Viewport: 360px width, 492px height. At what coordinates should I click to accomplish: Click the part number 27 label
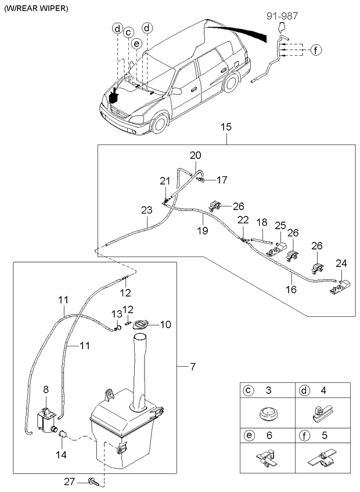coord(70,481)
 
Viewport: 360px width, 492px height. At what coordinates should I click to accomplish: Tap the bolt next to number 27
coord(93,481)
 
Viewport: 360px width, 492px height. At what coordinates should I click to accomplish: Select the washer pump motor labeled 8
coord(45,419)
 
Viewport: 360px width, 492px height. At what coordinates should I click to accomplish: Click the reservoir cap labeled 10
coord(141,325)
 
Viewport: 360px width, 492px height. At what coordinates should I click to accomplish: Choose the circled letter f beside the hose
coord(315,49)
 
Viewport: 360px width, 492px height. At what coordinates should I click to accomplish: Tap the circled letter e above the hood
coord(136,44)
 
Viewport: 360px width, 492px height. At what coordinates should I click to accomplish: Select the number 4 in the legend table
coord(323,390)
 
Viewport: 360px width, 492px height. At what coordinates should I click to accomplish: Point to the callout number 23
coord(146,211)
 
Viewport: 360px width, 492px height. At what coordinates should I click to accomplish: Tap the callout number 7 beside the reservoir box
coord(193,367)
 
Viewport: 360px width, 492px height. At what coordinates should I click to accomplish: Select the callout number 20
coord(196,155)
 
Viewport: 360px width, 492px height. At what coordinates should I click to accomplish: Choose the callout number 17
coord(222,180)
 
